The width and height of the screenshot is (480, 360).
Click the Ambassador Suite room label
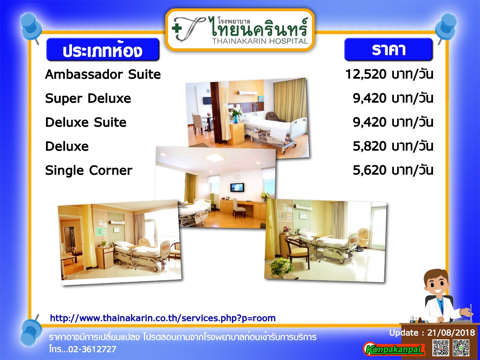coord(103,74)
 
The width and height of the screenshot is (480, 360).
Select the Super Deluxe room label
coord(88,99)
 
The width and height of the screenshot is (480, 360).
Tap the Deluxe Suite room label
coord(86,122)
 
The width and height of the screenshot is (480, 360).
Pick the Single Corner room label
coord(89,170)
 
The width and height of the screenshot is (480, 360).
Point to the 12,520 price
coord(366,75)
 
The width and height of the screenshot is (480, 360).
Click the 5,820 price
coord(370,146)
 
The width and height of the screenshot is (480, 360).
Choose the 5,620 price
coord(370,170)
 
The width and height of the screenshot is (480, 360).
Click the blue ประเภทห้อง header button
coord(103,50)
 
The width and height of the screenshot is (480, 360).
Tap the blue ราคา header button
coord(388,49)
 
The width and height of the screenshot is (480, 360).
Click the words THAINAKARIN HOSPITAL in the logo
coord(260,41)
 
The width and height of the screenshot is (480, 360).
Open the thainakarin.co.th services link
coord(163,318)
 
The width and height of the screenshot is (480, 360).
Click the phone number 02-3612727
coord(93,349)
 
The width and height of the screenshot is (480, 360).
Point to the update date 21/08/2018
coord(451,333)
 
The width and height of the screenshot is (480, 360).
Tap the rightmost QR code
coord(461,348)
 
